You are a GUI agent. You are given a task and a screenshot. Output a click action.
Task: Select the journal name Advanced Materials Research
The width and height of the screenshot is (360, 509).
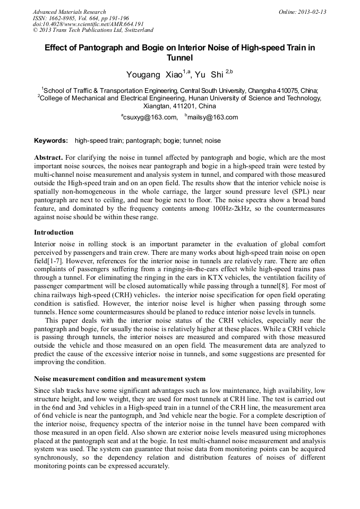pyautogui.click(x=69, y=12)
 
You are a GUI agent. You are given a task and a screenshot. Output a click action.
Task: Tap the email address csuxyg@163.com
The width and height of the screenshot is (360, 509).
pyautogui.click(x=150, y=117)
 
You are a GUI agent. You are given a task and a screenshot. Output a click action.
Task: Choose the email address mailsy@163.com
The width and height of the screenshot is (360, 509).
pyautogui.click(x=212, y=117)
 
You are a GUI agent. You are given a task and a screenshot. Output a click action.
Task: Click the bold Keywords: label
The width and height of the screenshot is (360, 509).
pyautogui.click(x=51, y=141)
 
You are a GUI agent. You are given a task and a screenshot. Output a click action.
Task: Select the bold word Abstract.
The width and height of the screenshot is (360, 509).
pyautogui.click(x=49, y=158)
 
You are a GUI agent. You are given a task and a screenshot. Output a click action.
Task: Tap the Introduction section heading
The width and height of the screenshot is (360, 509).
pyautogui.click(x=54, y=232)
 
